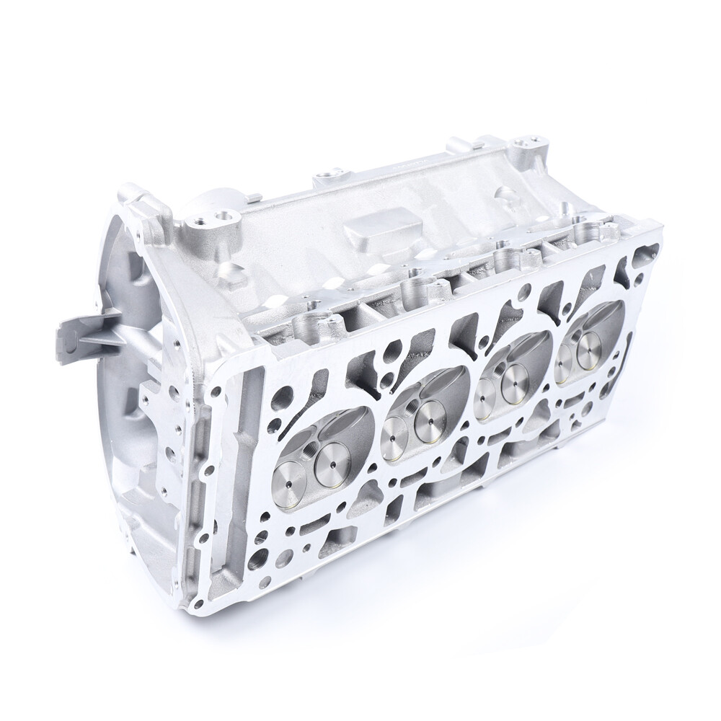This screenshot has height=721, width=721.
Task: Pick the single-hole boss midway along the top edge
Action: point(330,177)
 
